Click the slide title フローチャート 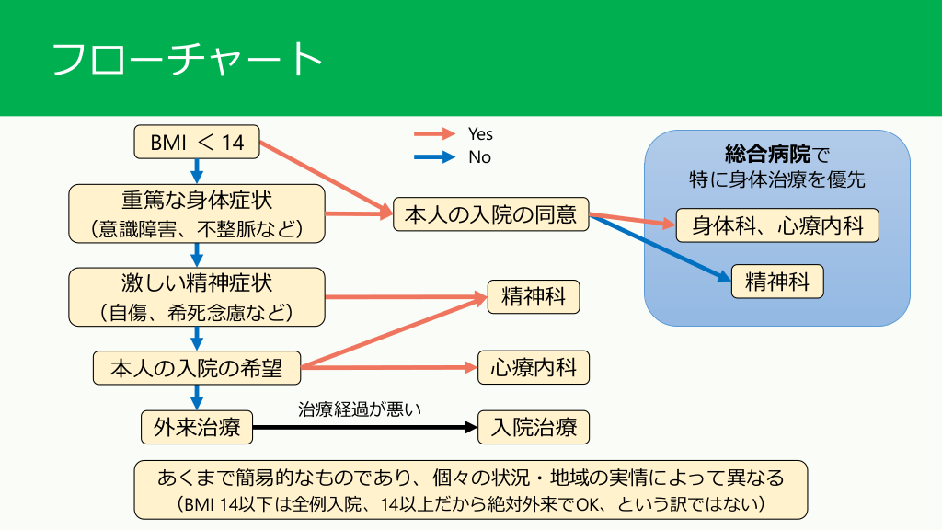tap(188, 60)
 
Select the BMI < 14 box tap(196, 142)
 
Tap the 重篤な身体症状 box tap(197, 213)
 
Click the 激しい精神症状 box tap(197, 295)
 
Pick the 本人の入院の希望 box tap(197, 368)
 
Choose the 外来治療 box tap(197, 428)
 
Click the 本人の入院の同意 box tap(491, 214)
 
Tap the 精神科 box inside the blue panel tap(777, 281)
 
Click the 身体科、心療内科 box tap(777, 225)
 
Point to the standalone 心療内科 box tap(534, 368)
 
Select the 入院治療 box tap(534, 428)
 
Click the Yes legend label tap(480, 134)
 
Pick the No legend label tap(479, 157)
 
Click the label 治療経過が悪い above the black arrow tap(360, 409)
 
